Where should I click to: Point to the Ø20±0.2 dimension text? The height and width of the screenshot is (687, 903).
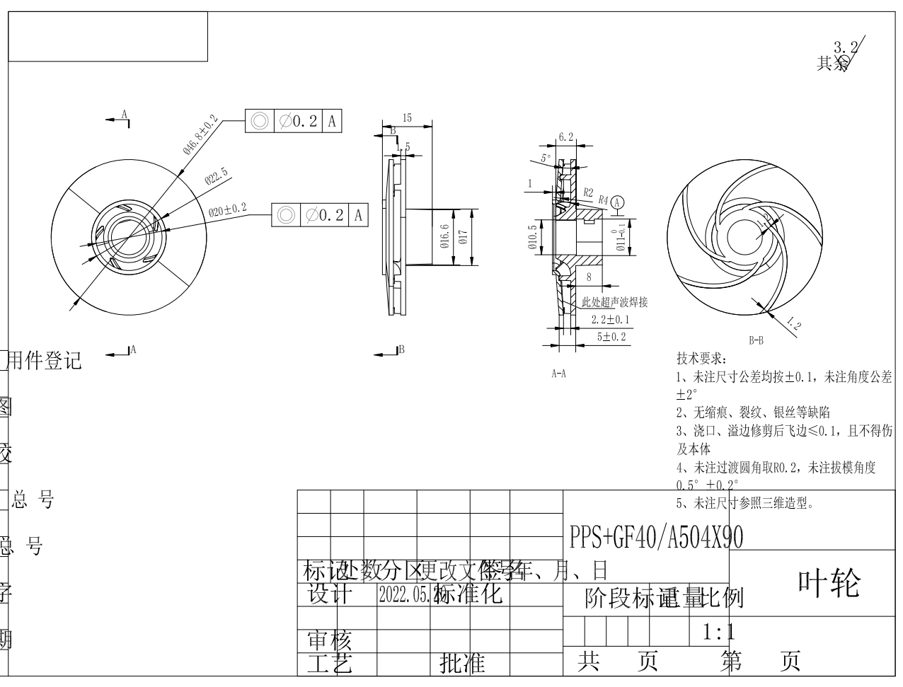(227, 209)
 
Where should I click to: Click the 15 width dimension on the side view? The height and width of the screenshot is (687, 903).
(407, 118)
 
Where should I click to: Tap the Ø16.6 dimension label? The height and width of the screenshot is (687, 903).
(444, 236)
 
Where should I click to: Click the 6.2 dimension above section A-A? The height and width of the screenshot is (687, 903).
(565, 137)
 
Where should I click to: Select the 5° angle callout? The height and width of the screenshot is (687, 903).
(546, 158)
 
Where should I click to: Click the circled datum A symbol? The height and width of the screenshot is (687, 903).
(618, 202)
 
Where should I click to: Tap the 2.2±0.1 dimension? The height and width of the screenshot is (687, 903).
(610, 320)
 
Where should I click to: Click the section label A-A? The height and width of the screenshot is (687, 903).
(558, 374)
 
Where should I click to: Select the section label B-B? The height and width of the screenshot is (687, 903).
(756, 340)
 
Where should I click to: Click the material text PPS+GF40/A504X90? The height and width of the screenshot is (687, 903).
(656, 538)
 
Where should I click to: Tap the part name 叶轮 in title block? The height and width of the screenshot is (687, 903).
(829, 584)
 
